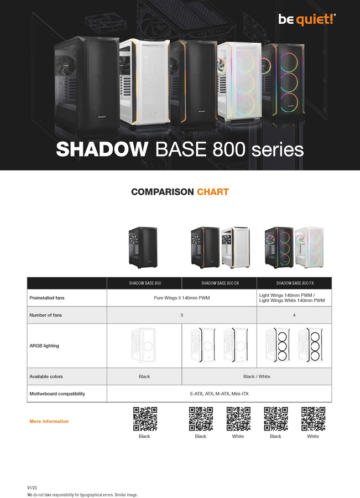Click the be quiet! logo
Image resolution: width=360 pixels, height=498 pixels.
click(307, 19)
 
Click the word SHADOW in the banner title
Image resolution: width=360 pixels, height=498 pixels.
click(102, 149)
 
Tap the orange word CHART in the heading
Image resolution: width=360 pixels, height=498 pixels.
click(213, 192)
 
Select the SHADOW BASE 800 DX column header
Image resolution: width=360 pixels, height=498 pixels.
click(220, 283)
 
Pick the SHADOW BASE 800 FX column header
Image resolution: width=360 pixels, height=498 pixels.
click(295, 283)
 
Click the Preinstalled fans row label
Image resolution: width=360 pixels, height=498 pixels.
click(47, 298)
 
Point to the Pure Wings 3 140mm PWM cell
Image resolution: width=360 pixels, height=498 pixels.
click(181, 298)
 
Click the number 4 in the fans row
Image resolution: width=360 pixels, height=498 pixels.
click(294, 315)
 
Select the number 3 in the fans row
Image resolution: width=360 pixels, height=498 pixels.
click(181, 315)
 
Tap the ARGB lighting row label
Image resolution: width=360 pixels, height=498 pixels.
click(44, 345)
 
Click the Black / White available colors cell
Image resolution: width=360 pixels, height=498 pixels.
click(257, 376)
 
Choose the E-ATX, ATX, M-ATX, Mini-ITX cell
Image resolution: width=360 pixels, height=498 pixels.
click(220, 394)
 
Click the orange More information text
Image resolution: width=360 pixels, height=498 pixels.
click(49, 422)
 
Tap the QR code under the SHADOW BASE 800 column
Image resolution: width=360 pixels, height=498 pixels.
click(145, 419)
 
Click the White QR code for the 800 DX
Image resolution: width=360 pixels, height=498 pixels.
click(238, 419)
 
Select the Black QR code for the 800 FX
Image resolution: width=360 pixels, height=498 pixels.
click(276, 419)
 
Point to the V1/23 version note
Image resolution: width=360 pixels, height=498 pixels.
click(32, 488)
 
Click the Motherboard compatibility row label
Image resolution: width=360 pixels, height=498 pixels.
click(57, 394)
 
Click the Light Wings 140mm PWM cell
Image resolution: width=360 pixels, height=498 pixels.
click(292, 298)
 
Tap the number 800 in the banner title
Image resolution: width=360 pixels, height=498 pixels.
click(229, 149)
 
